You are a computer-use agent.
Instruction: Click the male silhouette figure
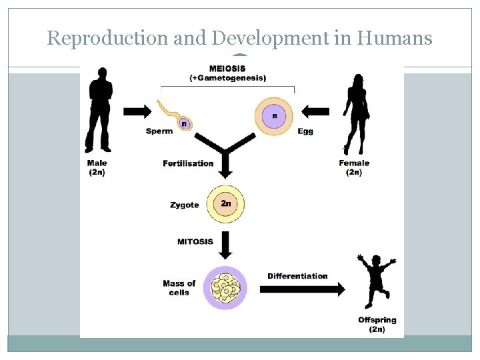(x=99, y=109)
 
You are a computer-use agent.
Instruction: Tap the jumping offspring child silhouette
(x=376, y=280)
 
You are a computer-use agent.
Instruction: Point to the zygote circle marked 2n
(x=226, y=203)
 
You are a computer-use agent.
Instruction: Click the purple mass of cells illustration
(x=226, y=287)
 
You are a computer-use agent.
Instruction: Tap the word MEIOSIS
(x=227, y=68)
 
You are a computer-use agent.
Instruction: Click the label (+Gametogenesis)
(x=227, y=78)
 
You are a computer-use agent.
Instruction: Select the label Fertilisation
(x=188, y=163)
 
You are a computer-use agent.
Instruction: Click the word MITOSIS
(x=195, y=241)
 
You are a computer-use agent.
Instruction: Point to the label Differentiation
(x=297, y=276)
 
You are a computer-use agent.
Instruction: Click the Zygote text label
(x=185, y=205)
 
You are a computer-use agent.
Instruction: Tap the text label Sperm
(x=159, y=131)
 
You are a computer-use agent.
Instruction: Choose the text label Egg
(x=305, y=131)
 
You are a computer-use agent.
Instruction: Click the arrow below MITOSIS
(x=225, y=245)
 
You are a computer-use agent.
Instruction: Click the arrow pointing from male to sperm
(x=137, y=111)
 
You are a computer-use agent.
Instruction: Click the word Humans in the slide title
(x=395, y=38)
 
